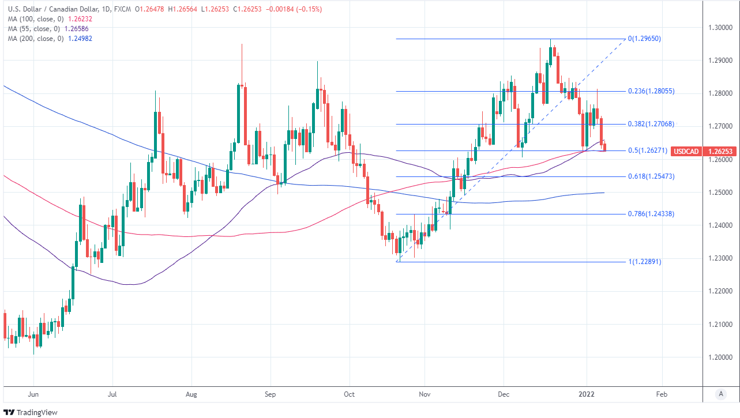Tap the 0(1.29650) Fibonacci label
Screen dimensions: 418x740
644,39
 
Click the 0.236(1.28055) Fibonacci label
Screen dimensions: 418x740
651,91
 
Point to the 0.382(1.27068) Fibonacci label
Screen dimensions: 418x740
651,124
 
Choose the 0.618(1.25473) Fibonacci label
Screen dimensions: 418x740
651,176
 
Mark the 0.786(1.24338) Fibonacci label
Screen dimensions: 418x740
651,213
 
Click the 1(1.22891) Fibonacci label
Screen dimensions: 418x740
644,262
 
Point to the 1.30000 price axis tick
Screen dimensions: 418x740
720,27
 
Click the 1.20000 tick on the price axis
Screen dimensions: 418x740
720,357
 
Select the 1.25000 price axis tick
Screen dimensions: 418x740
720,192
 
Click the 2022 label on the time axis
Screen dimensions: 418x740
587,395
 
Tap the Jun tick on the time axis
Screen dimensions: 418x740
33,395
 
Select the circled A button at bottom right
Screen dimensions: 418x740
720,394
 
